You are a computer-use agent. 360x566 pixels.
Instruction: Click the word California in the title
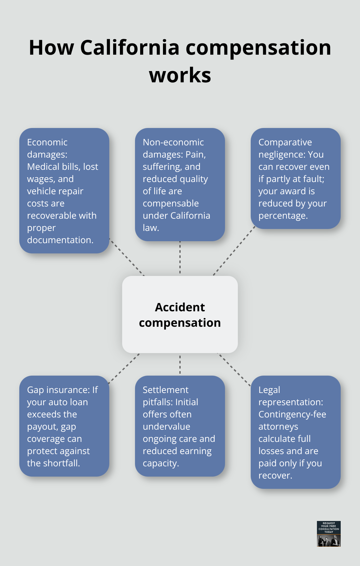[x=130, y=48]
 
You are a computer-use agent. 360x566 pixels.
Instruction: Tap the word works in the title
[x=180, y=75]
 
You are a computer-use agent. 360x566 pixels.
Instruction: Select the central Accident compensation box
[x=180, y=315]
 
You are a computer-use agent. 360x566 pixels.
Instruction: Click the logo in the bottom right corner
[x=328, y=534]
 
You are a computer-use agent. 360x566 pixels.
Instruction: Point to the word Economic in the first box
[x=47, y=142]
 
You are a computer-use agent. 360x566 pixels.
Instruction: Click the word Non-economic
[x=173, y=142]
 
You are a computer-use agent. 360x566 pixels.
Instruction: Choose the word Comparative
[x=285, y=142]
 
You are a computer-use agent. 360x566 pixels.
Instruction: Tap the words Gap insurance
[x=58, y=390]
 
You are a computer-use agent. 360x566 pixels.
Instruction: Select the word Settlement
[x=166, y=390]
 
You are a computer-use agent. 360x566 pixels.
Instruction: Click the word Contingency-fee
[x=292, y=414]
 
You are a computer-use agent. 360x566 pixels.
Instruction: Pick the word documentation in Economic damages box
[x=60, y=240]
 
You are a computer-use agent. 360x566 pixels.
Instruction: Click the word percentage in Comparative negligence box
[x=283, y=215]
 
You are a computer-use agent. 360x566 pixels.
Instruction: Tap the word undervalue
[x=166, y=426]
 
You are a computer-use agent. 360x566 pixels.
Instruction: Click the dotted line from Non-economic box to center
[x=180, y=257]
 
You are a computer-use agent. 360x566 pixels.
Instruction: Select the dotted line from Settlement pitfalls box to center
[x=180, y=364]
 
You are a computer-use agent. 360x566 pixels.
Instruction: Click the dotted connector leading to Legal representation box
[x=234, y=369]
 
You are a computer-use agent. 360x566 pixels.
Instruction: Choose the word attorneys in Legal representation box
[x=278, y=426]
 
